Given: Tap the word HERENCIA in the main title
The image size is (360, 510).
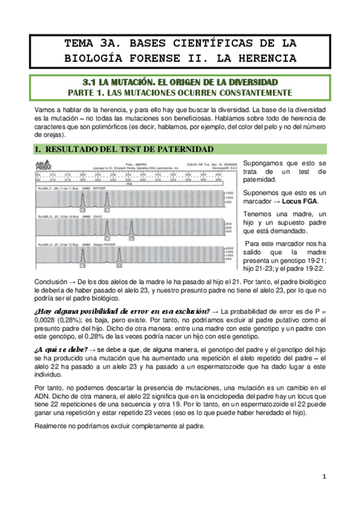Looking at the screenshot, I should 265,58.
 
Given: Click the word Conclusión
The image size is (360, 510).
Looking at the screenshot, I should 52,281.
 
